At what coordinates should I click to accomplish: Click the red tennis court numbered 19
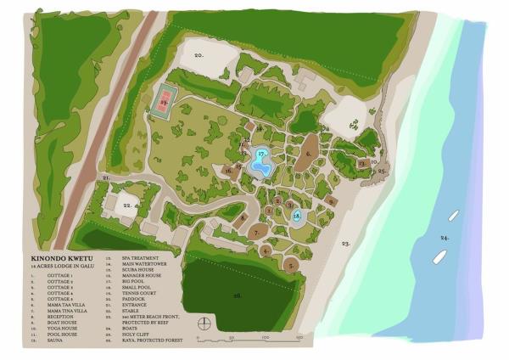tap(163, 104)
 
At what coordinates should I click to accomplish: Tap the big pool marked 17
tap(261, 159)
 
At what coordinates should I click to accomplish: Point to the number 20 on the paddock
tap(198, 55)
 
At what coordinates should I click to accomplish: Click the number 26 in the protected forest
tap(238, 295)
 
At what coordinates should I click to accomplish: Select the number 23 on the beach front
tap(345, 244)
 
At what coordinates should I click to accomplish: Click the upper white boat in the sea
tap(454, 217)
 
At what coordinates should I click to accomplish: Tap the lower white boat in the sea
tap(440, 256)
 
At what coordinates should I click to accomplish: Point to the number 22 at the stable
tap(126, 205)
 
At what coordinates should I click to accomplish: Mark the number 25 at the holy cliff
tap(383, 172)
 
